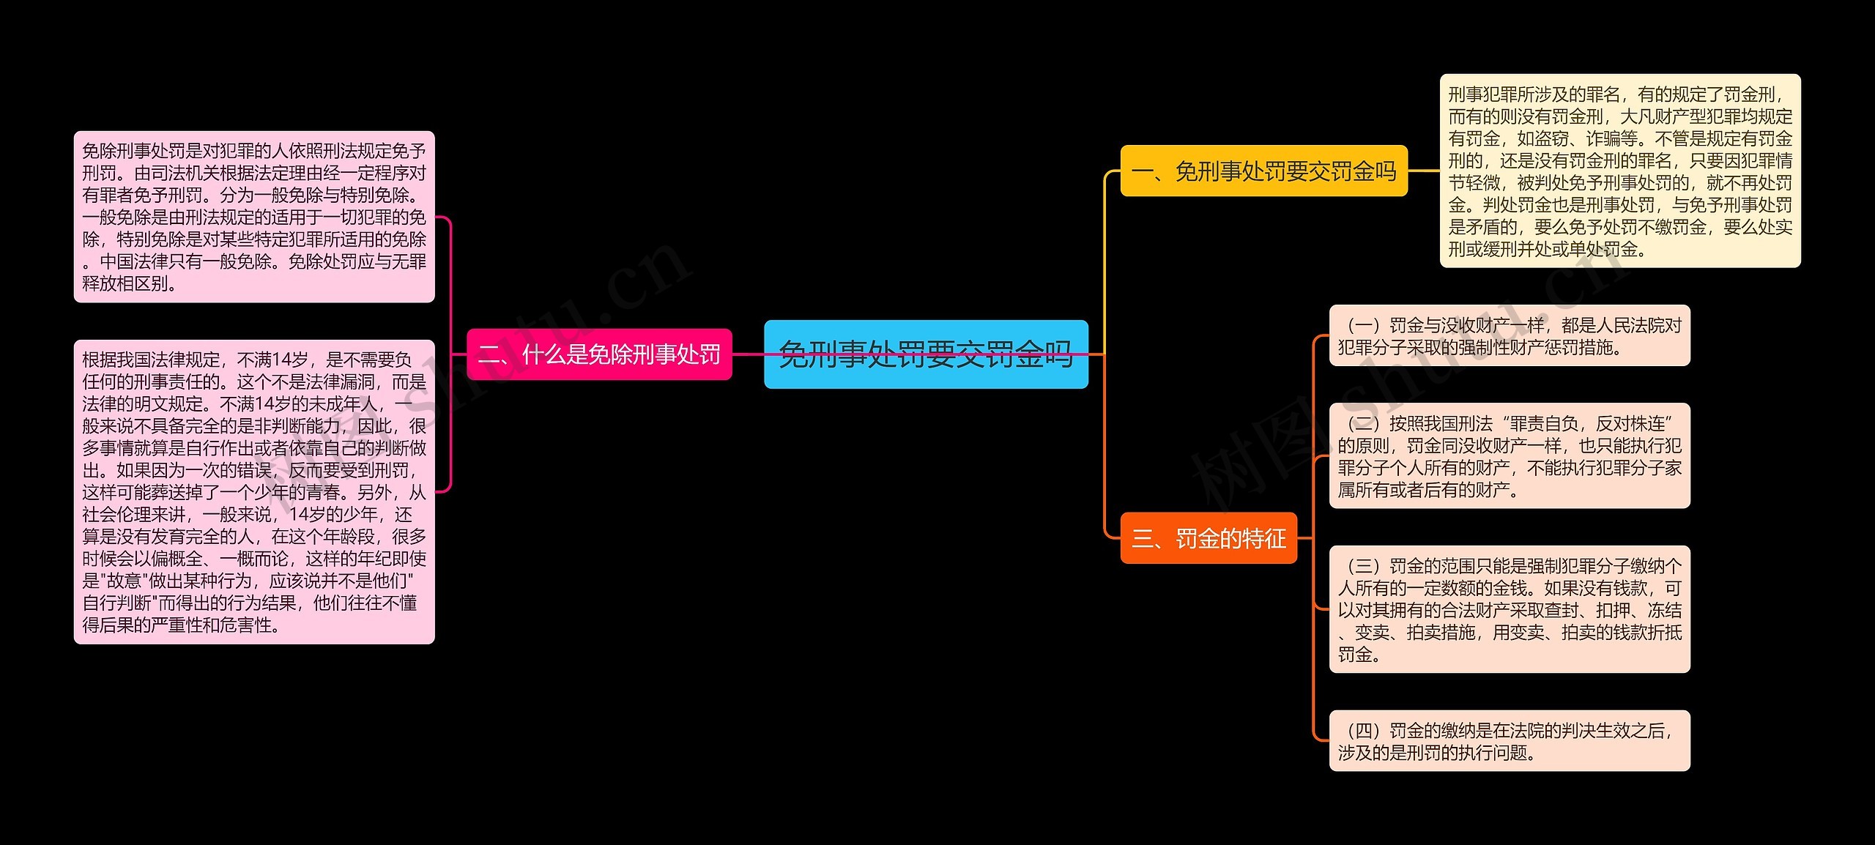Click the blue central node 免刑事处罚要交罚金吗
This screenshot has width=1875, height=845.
point(926,354)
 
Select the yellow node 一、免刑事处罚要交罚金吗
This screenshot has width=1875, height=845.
point(1263,171)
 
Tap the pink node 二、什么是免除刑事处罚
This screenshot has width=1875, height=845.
point(599,354)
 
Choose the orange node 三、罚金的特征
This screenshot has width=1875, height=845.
point(1208,539)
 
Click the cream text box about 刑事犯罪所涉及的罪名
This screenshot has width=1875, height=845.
point(1620,171)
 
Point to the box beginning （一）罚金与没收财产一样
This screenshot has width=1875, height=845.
point(1510,336)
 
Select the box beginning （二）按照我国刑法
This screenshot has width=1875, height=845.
point(1510,456)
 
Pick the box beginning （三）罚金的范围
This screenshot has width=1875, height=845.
point(1510,609)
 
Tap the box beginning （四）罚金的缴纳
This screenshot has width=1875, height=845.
point(1510,741)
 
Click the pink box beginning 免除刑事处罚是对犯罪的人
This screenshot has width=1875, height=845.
point(254,217)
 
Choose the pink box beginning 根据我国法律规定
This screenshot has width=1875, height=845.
point(254,492)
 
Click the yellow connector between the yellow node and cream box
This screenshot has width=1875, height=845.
point(1423,171)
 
